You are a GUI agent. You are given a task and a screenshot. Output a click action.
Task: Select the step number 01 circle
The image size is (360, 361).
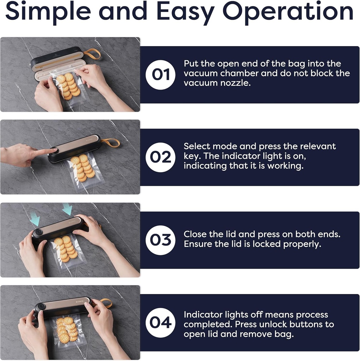pos(160,75)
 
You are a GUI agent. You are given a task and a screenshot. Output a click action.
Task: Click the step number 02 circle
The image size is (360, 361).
pos(160,157)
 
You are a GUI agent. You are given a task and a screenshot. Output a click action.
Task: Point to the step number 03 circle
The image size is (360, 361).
pos(160,240)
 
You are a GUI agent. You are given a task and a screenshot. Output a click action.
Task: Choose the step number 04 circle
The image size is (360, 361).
pos(160,323)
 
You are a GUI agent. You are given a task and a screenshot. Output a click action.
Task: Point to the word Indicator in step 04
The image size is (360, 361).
pos(203,314)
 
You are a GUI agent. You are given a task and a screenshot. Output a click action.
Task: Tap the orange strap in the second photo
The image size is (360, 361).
pos(110,143)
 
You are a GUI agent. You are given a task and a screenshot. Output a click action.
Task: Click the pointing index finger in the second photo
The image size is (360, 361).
pos(45,152)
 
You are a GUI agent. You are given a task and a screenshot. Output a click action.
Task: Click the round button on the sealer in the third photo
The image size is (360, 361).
pos(38,232)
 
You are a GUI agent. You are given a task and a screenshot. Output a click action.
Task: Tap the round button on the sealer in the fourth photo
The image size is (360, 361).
pos(42,307)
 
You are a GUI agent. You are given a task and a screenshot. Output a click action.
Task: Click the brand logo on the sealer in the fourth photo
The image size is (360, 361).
pos(79,301)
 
